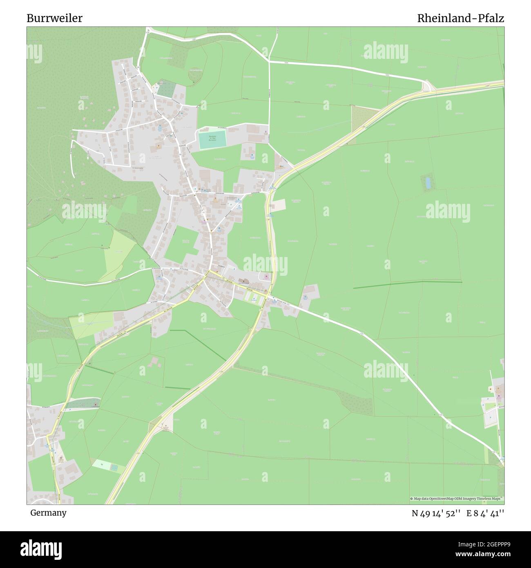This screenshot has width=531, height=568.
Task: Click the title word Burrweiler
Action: pyautogui.click(x=54, y=18)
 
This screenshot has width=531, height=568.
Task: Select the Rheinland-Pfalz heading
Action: pyautogui.click(x=460, y=18)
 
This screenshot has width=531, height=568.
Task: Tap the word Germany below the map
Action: pyautogui.click(x=48, y=512)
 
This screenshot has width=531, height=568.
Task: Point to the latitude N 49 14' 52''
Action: pyautogui.click(x=437, y=513)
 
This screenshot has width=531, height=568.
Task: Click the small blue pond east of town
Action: pyautogui.click(x=428, y=183)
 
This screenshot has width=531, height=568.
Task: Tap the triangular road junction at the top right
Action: pyautogui.click(x=428, y=86)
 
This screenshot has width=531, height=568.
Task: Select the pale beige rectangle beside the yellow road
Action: pyautogui.click(x=279, y=205)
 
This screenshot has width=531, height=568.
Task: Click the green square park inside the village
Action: pyautogui.click(x=181, y=240)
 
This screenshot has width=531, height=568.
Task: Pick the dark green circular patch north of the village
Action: pyautogui.click(x=196, y=75)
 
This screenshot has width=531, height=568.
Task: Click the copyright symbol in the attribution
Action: pyautogui.click(x=411, y=499)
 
